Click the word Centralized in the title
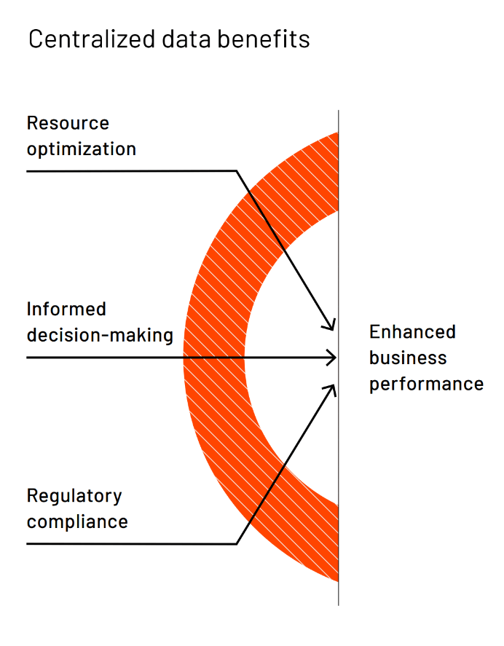[x=92, y=39]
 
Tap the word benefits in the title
[x=264, y=39]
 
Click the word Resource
[x=68, y=123]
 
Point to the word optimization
[x=82, y=149]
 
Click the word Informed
[x=66, y=309]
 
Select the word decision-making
[x=100, y=335]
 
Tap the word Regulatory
[x=74, y=496]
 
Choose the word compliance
[x=77, y=522]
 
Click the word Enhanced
[x=412, y=331]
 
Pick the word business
[x=408, y=358]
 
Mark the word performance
[x=427, y=385]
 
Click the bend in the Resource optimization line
[x=237, y=171]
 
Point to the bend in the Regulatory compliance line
[x=237, y=544]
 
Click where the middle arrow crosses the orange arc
[x=214, y=357]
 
